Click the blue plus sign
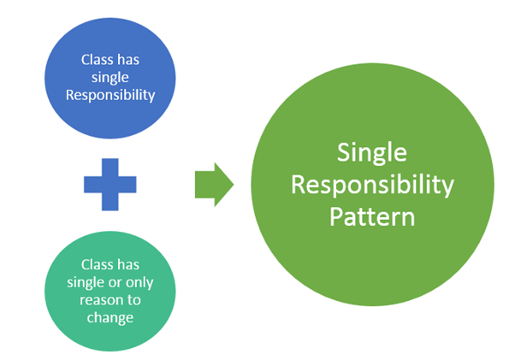coord(110,183)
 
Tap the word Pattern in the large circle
coord(373,215)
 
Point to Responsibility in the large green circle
coord(373,185)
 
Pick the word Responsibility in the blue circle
coord(110,94)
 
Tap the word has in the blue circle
coord(129,60)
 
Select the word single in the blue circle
coord(110,77)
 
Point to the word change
coord(110,316)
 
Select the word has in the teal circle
coord(129,265)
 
